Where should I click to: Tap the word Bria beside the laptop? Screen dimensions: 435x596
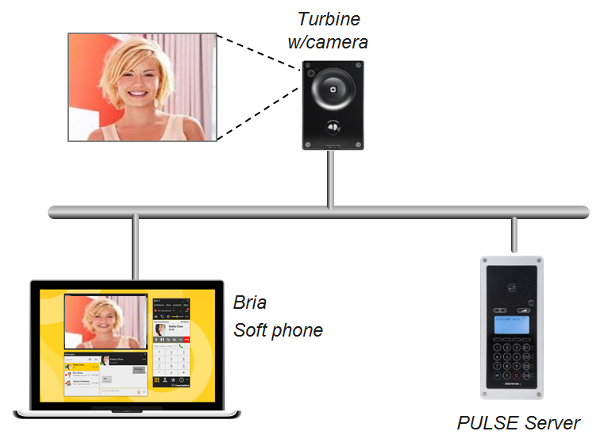[x=250, y=302]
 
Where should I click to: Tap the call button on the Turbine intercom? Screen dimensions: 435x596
[x=332, y=127]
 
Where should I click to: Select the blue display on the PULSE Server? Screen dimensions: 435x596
[x=512, y=324]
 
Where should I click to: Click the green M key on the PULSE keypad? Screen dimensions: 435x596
[x=497, y=375]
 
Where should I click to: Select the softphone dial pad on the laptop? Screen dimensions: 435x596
[x=171, y=361]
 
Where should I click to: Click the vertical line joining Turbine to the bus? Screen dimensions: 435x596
[x=329, y=179]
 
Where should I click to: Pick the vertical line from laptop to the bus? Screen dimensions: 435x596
[x=136, y=246]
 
